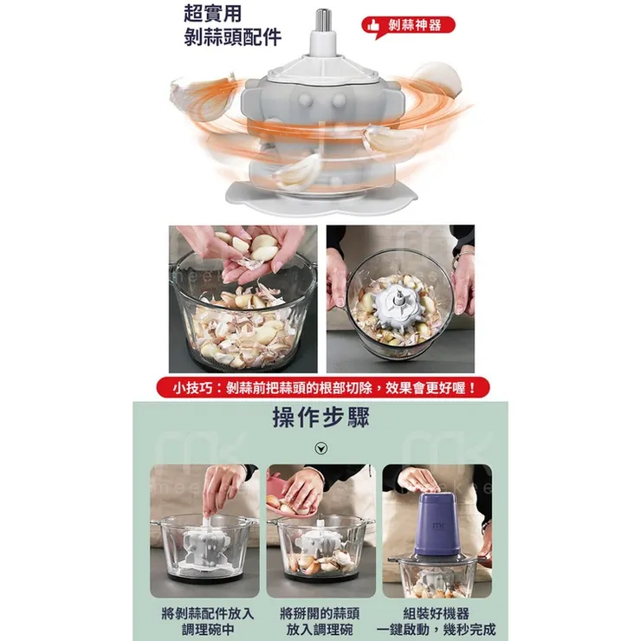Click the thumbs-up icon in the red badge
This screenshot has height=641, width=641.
tap(375, 25)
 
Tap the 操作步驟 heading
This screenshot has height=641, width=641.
tap(320, 419)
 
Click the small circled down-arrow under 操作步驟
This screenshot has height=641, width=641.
tap(320, 448)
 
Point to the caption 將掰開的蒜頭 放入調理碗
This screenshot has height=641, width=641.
tap(320, 620)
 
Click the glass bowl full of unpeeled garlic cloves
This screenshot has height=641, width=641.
tap(243, 329)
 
